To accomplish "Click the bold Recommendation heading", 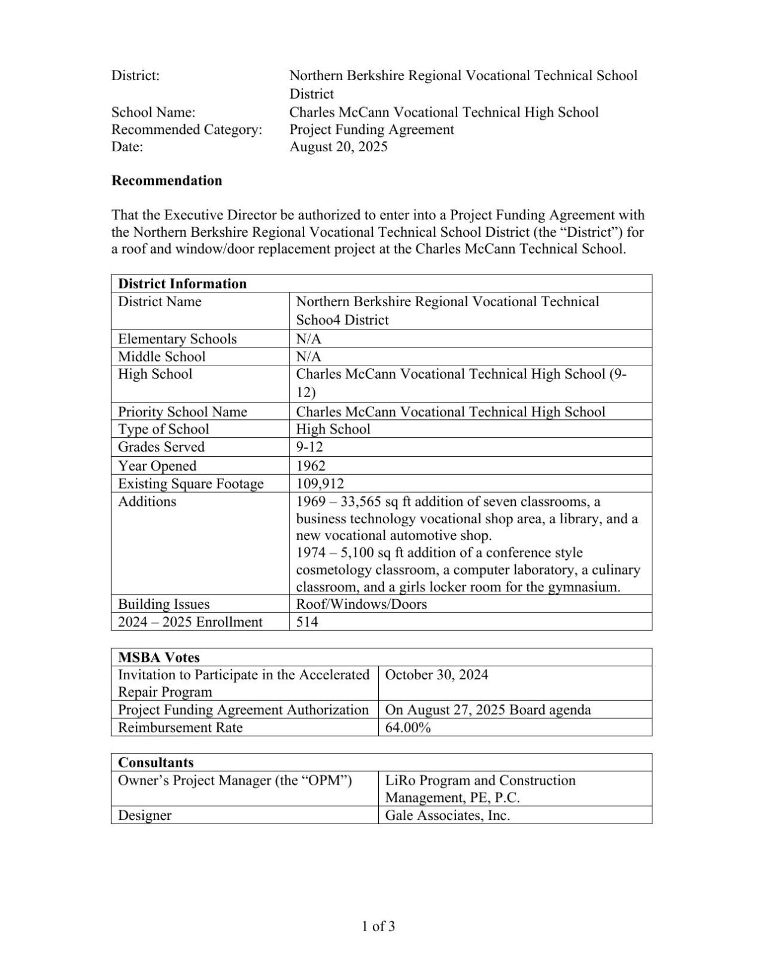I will coord(166,181).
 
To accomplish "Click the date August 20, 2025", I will coord(338,147).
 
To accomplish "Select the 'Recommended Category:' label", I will coord(187,130).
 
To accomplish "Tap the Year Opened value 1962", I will coord(311,466).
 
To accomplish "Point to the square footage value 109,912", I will coord(320,483).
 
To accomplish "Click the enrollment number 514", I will coord(307,622).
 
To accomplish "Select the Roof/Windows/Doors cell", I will coord(361,604).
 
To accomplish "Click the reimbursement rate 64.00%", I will coord(408,728).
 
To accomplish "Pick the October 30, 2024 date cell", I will coord(436,675).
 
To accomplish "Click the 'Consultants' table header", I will coord(156,763).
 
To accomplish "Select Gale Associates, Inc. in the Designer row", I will coord(447,816).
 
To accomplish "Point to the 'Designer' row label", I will coord(144,816).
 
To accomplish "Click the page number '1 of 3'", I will coord(378,927).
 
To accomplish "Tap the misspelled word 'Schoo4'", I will coord(318,320).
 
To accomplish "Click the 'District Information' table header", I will coord(182,283).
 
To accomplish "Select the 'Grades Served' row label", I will coord(161,447).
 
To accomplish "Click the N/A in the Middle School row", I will coord(308,357).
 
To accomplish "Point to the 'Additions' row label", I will coord(147,501).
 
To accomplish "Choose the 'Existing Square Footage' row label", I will coord(190,484).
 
